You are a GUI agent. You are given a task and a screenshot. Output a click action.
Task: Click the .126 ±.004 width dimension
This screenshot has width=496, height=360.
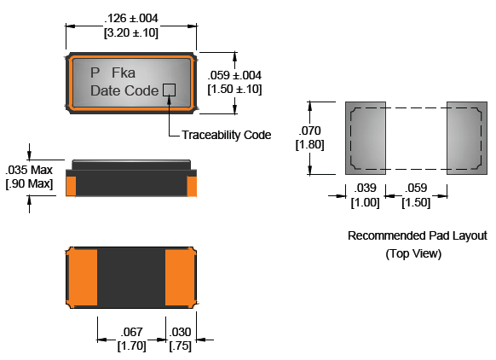131,19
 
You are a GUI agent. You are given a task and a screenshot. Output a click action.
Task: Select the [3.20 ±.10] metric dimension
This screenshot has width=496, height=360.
131,32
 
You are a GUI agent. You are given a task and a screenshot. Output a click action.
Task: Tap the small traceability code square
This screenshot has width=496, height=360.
169,90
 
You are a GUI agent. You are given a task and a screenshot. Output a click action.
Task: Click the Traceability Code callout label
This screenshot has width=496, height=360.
226,135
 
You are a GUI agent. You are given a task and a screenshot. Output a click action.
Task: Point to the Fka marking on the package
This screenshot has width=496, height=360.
124,73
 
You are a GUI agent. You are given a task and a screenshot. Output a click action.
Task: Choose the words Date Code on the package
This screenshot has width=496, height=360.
124,90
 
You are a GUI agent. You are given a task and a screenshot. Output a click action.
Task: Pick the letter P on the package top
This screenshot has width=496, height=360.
95,73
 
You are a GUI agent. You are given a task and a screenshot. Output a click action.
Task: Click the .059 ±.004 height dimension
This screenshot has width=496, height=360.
234,75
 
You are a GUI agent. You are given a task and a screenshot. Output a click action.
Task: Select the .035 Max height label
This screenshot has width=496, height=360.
29,170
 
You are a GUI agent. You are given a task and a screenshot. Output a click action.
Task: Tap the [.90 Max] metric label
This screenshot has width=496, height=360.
29,183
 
